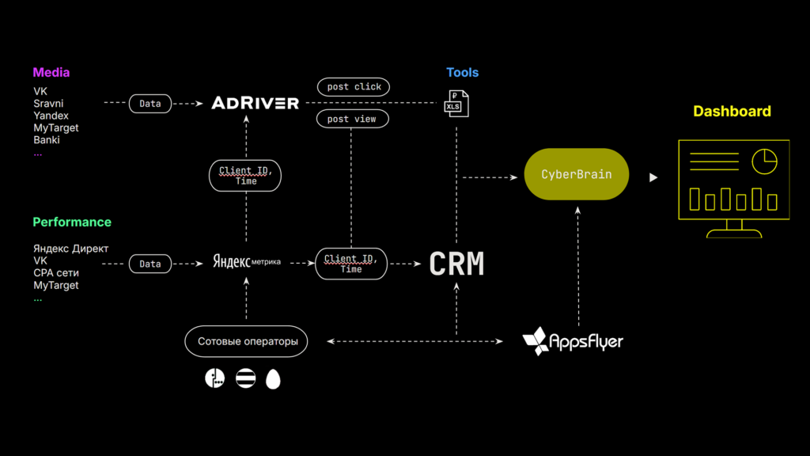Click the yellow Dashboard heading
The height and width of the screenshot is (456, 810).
tap(732, 112)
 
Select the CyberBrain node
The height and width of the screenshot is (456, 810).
tap(576, 174)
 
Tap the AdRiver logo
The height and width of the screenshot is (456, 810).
tap(255, 103)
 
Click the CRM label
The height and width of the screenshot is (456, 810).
tap(456, 264)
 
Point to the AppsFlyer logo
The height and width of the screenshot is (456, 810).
tap(573, 341)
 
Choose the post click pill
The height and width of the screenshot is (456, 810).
tap(353, 86)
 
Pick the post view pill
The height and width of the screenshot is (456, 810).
tap(352, 119)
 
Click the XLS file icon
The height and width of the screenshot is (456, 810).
tap(456, 103)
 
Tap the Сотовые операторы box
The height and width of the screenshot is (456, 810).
tap(247, 341)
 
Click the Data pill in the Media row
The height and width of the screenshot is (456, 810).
tap(150, 104)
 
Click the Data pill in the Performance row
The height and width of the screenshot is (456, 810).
tap(150, 264)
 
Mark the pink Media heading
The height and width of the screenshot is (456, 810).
tap(51, 73)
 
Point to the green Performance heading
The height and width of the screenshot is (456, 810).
tap(72, 222)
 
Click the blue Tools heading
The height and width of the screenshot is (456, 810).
tap(462, 73)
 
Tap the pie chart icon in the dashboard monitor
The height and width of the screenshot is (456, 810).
tap(764, 161)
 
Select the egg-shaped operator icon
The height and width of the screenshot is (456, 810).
tap(273, 379)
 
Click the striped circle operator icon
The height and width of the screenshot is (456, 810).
tap(245, 378)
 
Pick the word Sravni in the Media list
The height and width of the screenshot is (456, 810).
tap(48, 104)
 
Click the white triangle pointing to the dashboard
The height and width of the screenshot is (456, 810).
tap(653, 177)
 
